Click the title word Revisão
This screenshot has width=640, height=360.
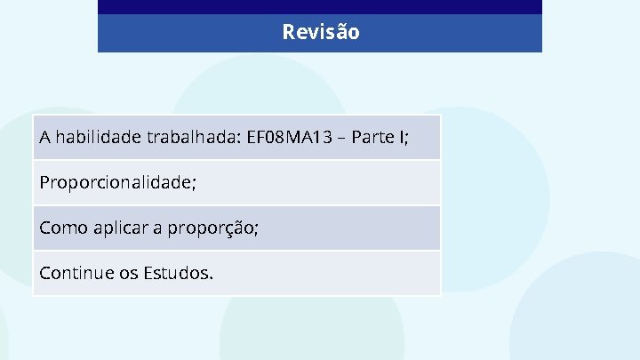pos(321,33)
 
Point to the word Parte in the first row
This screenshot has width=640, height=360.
pos(375,138)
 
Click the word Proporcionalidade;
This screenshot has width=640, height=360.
pos(117,182)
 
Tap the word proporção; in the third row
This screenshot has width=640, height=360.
pos(212,228)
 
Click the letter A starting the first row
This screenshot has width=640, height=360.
pos(45,138)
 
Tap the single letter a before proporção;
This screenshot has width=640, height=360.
pos(157,228)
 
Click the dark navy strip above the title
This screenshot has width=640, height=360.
pos(320,7)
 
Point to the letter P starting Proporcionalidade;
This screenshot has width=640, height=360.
pos(44,182)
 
